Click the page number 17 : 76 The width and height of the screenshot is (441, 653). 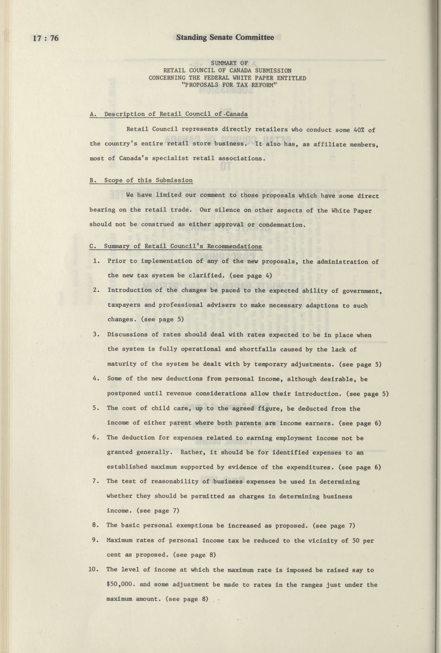46,38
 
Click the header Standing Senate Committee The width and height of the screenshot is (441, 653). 225,37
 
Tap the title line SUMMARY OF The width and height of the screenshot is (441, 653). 227,63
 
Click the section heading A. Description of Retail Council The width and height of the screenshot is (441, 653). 168,114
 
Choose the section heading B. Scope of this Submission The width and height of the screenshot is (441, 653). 141,180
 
